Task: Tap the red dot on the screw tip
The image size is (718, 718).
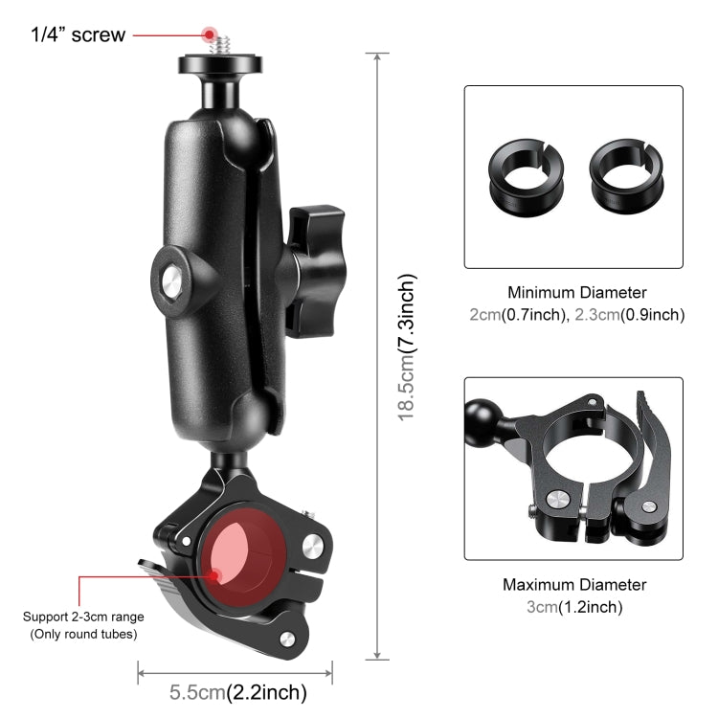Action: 208,34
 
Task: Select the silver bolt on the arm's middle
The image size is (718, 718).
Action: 170,281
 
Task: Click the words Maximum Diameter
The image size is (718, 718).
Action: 574,584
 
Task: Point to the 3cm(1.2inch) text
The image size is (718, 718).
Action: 574,606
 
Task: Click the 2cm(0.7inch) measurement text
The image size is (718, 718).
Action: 518,314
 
